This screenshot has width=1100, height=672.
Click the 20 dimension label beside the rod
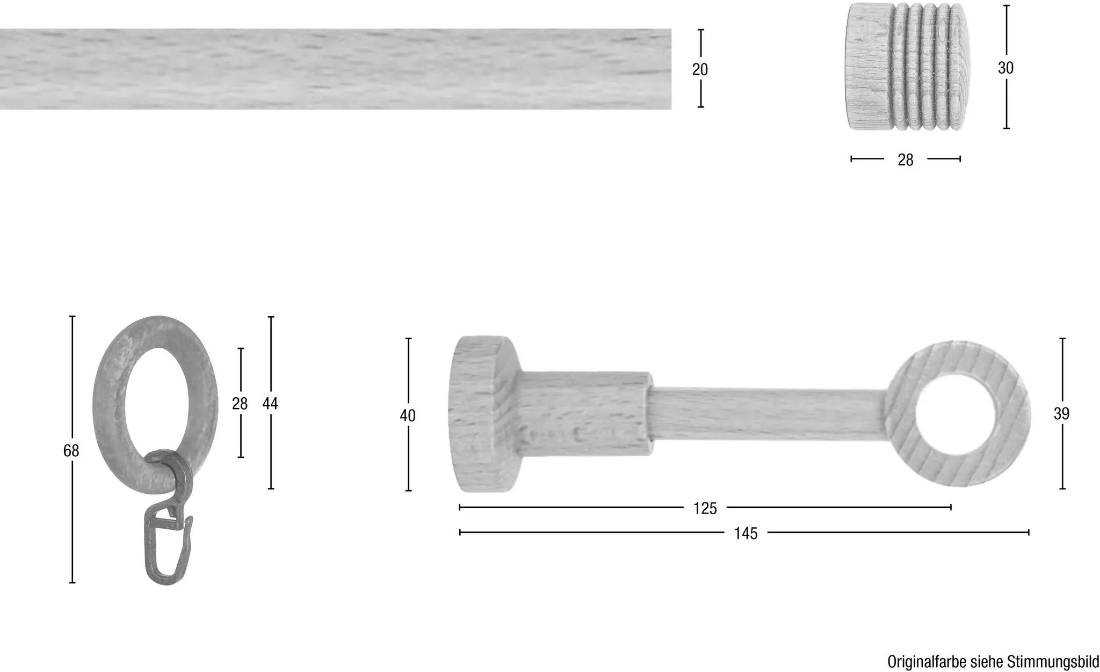coord(700,69)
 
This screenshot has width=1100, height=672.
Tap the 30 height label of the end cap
coord(1005,68)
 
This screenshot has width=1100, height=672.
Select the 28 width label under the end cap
coord(906,160)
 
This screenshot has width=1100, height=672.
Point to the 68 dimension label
coord(71,451)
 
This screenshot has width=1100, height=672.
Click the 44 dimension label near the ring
coord(270,403)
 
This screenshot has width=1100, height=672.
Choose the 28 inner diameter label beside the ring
coord(240,403)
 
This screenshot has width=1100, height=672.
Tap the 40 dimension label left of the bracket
coord(408,415)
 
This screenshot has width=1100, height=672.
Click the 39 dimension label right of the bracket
coord(1061,414)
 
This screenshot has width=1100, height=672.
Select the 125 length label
coord(705,508)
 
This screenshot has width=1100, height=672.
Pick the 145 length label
coord(746,534)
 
